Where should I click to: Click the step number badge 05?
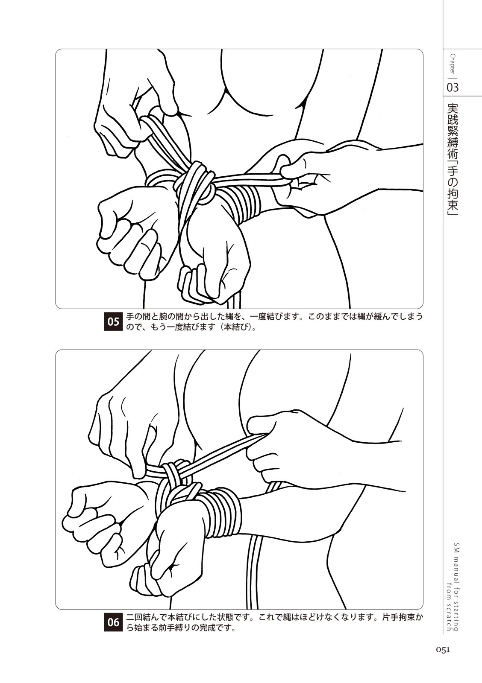point(113,322)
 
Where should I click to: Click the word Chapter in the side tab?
point(453,64)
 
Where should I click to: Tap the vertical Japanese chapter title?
point(453,161)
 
